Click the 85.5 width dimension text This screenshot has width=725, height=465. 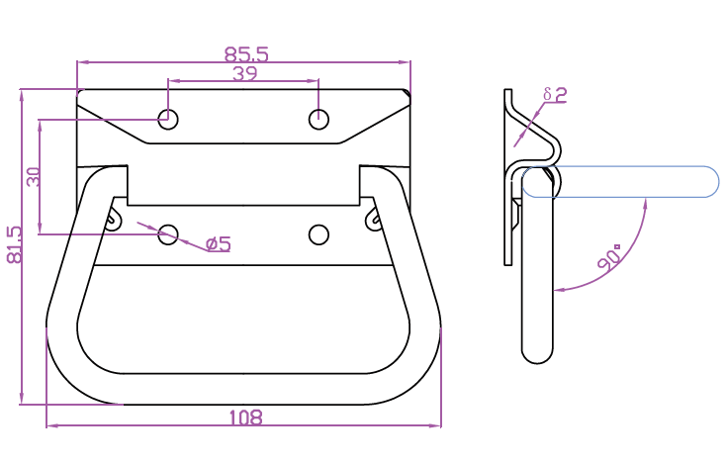(x=246, y=52)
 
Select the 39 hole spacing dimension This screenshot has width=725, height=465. (x=244, y=73)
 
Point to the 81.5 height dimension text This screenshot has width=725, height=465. (x=14, y=244)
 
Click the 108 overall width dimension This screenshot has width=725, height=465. (x=244, y=418)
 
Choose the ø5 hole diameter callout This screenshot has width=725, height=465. (x=218, y=243)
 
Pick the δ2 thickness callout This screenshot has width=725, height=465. (x=555, y=95)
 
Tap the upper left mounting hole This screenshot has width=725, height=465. (x=169, y=120)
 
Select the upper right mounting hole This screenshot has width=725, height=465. (x=318, y=120)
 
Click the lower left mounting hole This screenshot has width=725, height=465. (x=169, y=234)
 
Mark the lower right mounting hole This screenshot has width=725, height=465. (x=318, y=234)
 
